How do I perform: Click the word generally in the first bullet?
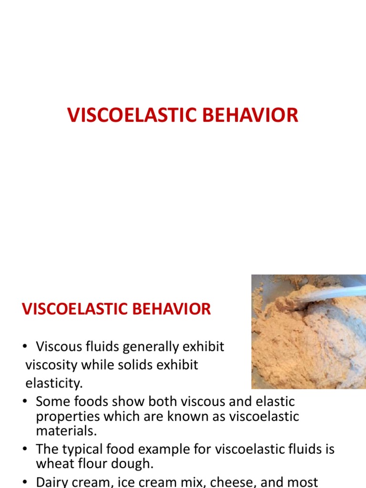(147, 346)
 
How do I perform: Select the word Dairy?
(55, 481)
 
